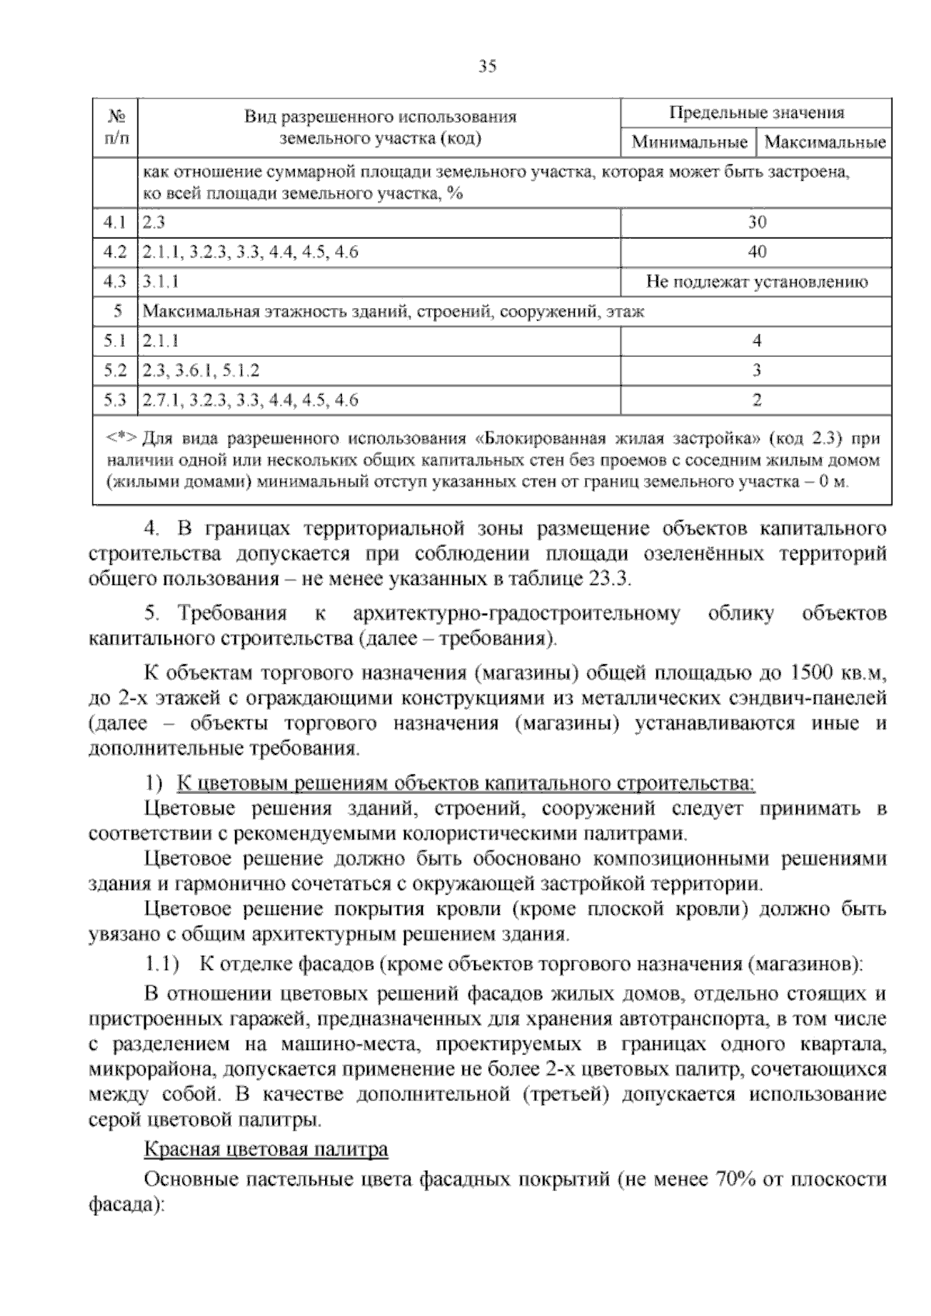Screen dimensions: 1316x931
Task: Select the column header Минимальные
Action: (689, 143)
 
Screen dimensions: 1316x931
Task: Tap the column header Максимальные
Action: (825, 143)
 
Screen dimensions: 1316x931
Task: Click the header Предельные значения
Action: (756, 113)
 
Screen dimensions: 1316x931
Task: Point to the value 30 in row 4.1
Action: (756, 223)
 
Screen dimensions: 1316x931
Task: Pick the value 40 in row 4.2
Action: (756, 252)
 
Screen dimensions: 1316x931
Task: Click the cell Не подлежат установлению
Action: (756, 282)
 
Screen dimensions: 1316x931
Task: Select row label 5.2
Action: (114, 371)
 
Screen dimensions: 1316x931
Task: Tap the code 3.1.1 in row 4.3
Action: (161, 282)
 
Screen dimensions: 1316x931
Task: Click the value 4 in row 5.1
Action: (756, 341)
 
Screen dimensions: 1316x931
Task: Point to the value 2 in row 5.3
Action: (756, 400)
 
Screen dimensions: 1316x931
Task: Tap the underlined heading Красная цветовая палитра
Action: (266, 1149)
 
